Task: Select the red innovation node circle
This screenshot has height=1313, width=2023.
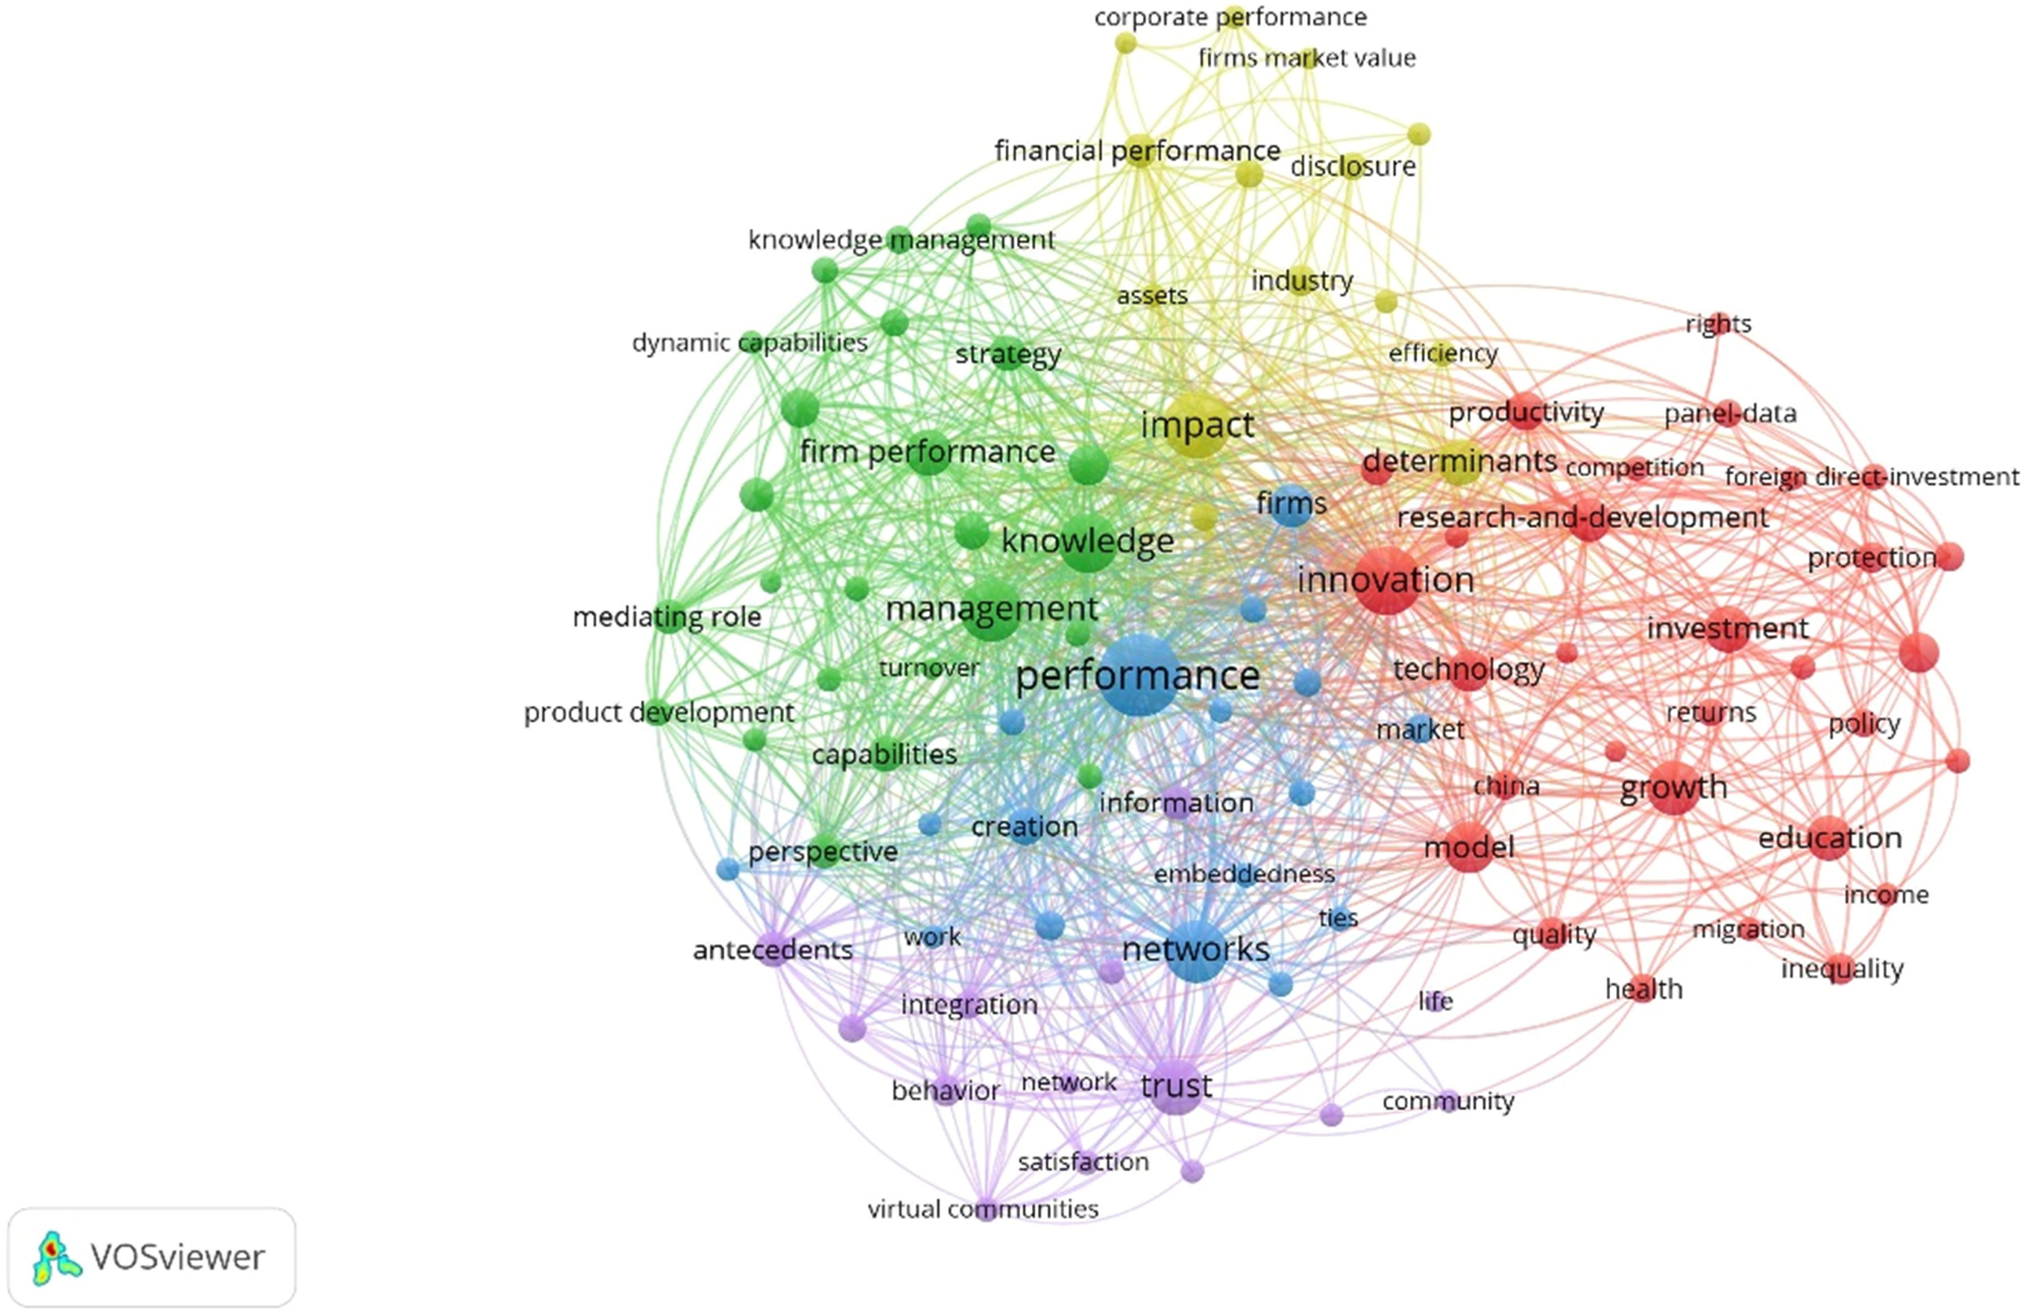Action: [x=1386, y=580]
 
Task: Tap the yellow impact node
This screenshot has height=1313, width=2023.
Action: [x=1197, y=425]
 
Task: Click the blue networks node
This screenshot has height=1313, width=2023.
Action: [x=1196, y=950]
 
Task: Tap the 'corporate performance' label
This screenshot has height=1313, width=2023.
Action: [x=1230, y=17]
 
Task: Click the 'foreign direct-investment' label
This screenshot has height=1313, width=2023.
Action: [x=1871, y=477]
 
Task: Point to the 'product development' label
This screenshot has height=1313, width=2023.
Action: [x=659, y=712]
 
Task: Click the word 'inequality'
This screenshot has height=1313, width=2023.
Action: [x=1842, y=968]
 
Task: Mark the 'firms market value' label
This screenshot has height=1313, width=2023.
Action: [x=1307, y=58]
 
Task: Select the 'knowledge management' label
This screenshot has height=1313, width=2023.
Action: [x=901, y=240]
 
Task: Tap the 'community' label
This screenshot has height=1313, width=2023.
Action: [x=1448, y=1101]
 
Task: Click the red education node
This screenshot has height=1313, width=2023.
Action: [x=1829, y=838]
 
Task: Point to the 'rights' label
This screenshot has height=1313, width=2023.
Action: [x=1719, y=324]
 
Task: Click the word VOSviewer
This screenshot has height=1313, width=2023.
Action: [x=178, y=1258]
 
